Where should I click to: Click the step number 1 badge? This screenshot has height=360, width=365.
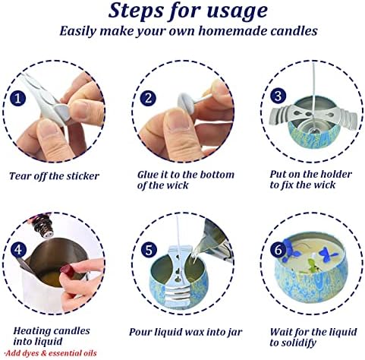pos(17,98)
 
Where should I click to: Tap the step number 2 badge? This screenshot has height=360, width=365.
pos(149,98)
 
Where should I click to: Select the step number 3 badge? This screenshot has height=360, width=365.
pos(278,96)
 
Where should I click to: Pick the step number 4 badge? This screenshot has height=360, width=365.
pos(18,250)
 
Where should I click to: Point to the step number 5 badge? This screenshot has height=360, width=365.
pos(149,250)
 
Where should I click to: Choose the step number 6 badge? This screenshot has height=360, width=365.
pos(278,250)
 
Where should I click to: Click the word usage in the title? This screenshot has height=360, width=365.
pos(238,11)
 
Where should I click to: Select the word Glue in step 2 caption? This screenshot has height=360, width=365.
pos(147,175)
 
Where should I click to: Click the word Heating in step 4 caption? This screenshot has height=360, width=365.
pos(32,331)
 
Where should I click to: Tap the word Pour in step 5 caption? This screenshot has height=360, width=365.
pos(140,332)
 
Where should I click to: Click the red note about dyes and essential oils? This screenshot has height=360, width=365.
pos(51,353)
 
